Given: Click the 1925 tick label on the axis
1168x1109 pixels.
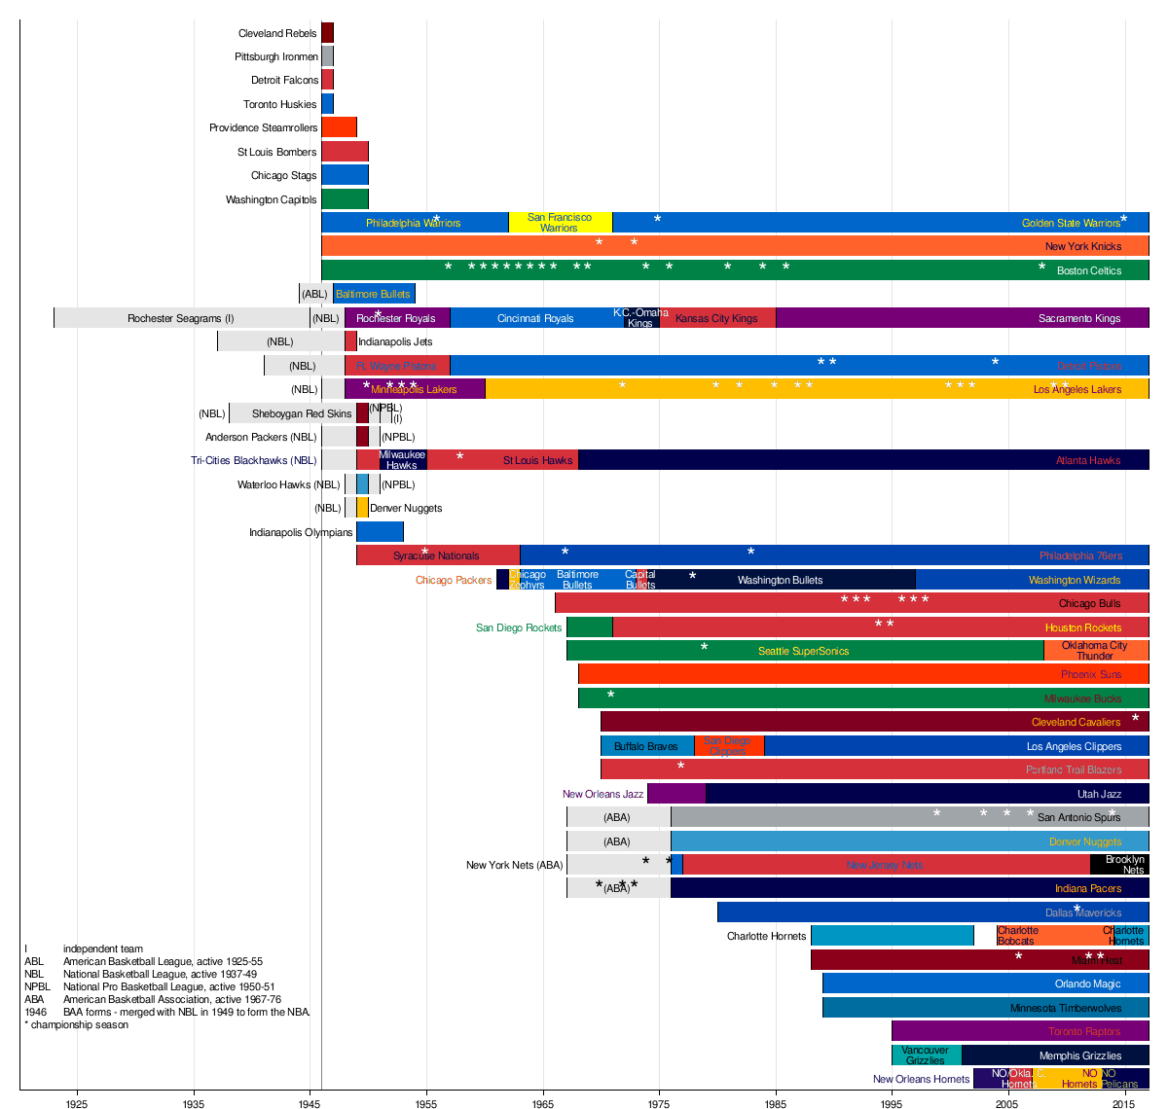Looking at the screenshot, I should coord(77,1103).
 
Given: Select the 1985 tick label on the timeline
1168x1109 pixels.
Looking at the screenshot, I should coord(776,1103).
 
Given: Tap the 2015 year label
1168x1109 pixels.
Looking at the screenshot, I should coord(1124,1103).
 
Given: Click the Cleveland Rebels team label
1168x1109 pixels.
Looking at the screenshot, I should coord(277,33).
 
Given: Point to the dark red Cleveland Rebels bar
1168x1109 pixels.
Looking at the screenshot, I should coord(328,32).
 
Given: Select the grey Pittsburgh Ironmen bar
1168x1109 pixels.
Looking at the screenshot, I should coord(328,56).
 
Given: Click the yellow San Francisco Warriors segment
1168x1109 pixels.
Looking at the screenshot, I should coord(560,222).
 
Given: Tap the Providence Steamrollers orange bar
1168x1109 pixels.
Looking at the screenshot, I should coord(339,127).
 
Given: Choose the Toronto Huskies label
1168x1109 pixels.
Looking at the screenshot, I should coord(279,104).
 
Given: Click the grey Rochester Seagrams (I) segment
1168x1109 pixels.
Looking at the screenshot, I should coord(181,318).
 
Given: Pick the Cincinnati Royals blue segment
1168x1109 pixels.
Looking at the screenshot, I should coord(535,318).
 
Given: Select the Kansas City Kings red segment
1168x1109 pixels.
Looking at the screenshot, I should coord(717,318).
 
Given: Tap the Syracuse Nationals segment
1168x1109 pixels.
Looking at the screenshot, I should coord(436,555).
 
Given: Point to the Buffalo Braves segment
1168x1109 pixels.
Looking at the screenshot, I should coord(646,746).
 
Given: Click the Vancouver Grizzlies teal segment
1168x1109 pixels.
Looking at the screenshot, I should coord(926,1055).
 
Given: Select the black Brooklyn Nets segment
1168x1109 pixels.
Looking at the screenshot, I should coord(1119,865).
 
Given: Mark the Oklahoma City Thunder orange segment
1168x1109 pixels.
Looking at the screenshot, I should coord(1095,651).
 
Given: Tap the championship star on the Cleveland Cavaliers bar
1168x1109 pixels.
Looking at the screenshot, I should coord(1135,719).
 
